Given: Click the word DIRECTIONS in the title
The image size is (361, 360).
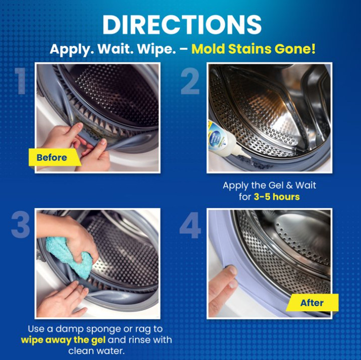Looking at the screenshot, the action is click(x=182, y=24).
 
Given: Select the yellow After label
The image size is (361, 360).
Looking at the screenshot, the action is click(x=312, y=303).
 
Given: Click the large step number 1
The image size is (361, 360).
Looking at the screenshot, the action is click(x=21, y=80).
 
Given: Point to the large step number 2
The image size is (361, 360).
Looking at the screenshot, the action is click(x=190, y=81).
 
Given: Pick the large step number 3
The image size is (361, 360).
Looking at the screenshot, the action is click(x=20, y=225).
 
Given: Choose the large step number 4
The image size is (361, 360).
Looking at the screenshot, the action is click(x=190, y=225).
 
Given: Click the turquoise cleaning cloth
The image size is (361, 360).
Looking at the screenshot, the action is click(x=69, y=256).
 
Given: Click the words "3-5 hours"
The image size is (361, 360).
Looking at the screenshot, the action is click(x=277, y=197).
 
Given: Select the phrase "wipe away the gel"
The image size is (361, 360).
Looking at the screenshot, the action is click(x=63, y=340).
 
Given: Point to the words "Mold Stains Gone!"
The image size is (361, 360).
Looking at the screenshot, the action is click(x=253, y=49).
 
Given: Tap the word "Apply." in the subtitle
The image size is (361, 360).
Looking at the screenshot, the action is click(x=71, y=49).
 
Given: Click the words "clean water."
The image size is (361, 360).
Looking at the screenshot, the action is click(x=97, y=351).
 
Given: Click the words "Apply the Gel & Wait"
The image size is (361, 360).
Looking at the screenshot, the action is click(x=269, y=186).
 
